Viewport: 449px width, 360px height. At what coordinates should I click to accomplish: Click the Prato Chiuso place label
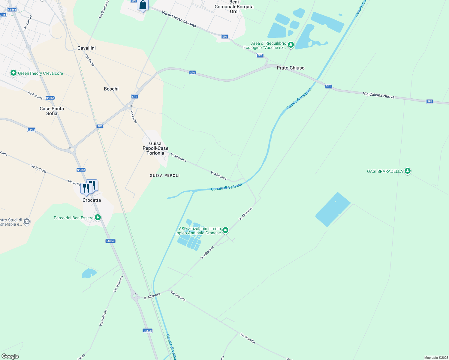pos(291,68)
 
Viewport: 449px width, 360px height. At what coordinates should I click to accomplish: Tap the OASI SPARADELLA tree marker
pos(407,171)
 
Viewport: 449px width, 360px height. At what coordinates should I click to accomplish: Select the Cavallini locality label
pos(86,48)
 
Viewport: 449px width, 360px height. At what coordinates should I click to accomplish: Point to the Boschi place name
pos(111,89)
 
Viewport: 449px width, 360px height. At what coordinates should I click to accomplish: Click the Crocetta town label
pos(92,200)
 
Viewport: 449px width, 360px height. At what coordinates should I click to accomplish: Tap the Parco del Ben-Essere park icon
pos(98,217)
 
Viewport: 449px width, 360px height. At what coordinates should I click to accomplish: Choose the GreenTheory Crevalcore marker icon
pos(13,73)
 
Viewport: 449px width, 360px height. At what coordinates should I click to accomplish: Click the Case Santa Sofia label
pos(52,111)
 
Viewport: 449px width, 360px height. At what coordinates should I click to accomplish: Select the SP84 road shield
pos(32,130)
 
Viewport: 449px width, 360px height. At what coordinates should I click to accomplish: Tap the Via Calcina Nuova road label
pos(378,95)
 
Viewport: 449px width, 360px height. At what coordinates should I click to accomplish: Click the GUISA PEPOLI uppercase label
pos(164,175)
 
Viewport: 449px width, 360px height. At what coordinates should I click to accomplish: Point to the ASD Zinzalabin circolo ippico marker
pos(225,230)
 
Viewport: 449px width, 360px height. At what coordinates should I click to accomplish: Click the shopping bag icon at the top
pos(143,5)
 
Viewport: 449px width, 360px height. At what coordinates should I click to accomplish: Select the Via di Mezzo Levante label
pos(179,19)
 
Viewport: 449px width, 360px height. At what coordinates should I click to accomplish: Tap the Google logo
pos(10,356)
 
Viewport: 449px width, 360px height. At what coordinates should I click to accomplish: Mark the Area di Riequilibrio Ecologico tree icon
pos(291,45)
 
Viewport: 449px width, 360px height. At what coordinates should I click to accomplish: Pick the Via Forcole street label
pos(35,95)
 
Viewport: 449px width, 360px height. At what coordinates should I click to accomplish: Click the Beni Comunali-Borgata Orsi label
pos(234,7)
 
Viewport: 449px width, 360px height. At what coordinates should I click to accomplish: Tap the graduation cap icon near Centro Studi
pos(27,222)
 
